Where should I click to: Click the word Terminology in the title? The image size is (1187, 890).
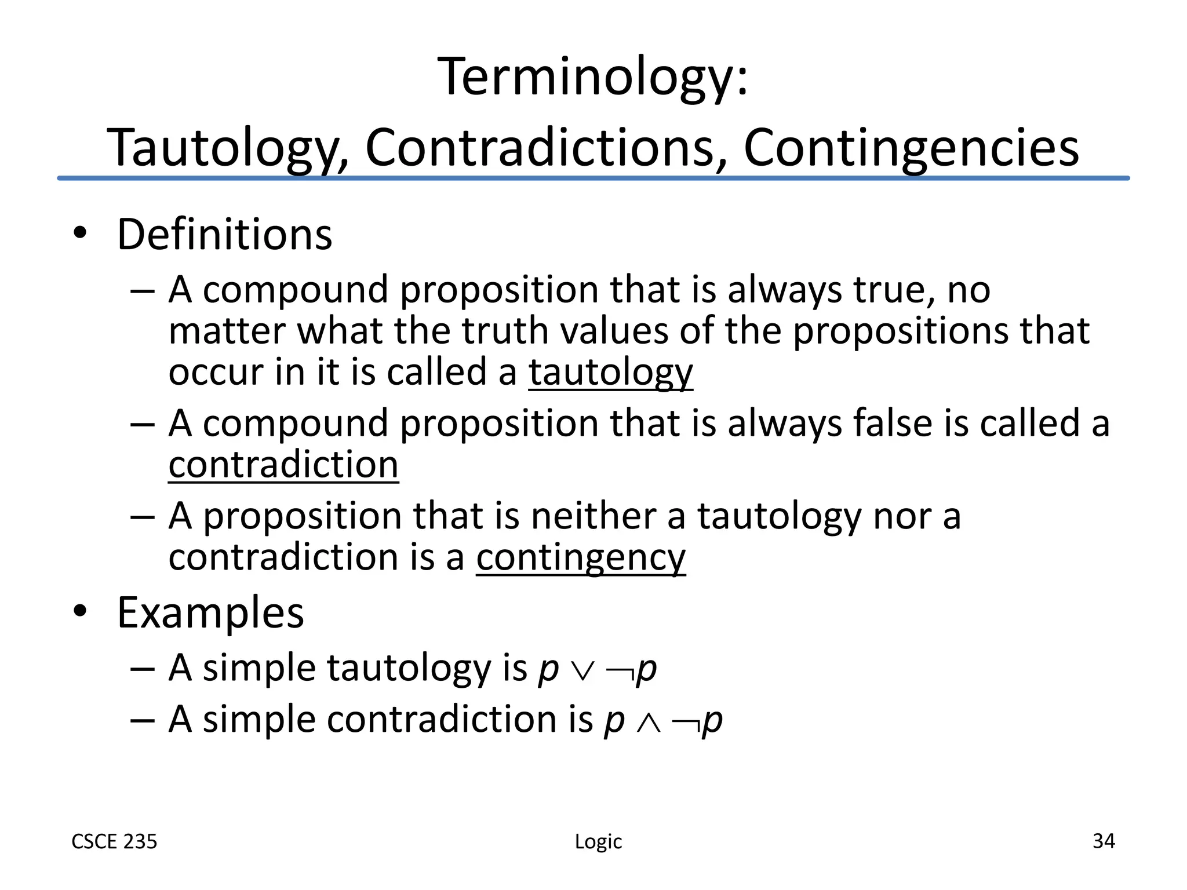tap(585, 78)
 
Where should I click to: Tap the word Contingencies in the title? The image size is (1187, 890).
tap(911, 148)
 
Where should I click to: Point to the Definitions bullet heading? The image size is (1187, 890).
tap(224, 235)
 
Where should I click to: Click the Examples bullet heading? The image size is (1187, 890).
tap(210, 612)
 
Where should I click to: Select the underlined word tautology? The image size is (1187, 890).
tap(610, 372)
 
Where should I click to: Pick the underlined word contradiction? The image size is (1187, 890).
tap(283, 465)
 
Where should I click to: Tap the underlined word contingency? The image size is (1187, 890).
tap(581, 557)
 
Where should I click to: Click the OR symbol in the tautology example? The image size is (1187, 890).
tap(582, 671)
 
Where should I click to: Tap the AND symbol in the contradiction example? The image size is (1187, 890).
tap(648, 723)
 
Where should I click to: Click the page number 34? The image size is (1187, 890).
tap(1104, 841)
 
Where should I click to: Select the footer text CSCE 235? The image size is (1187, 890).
tap(114, 841)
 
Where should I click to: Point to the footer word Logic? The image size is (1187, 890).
tap(598, 841)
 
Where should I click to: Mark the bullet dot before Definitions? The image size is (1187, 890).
tap(80, 233)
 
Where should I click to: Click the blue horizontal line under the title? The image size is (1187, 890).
tap(593, 178)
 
